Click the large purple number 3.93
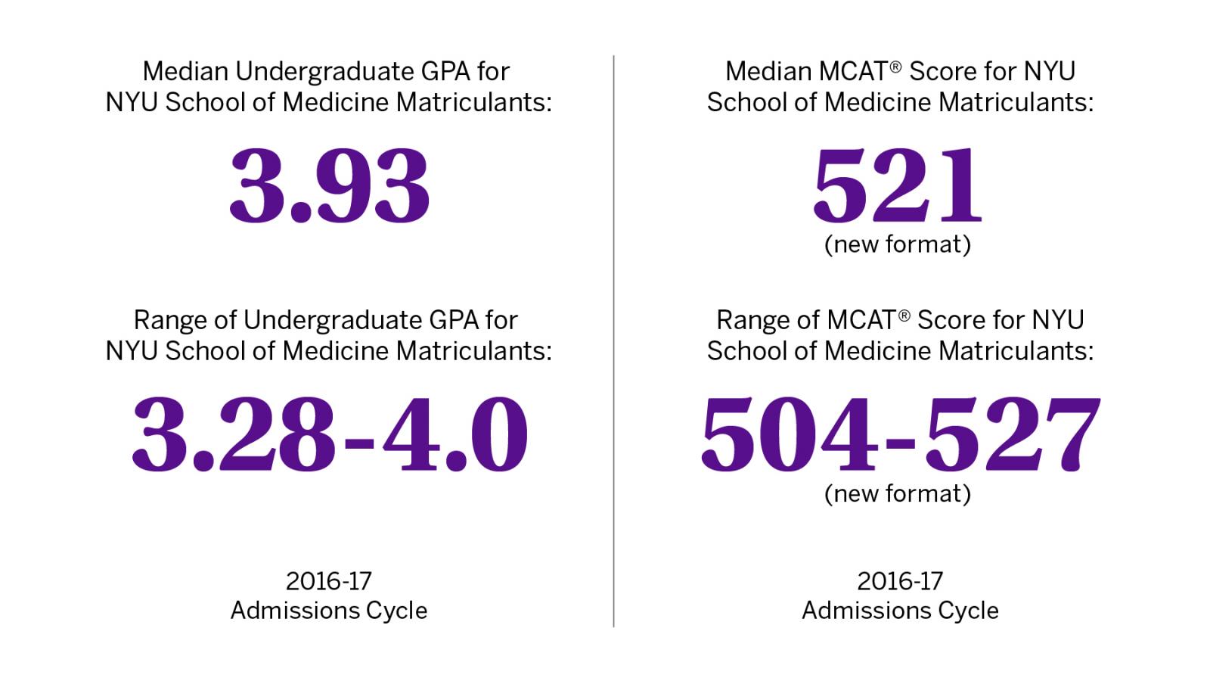pos(329,188)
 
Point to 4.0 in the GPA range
pos(454,435)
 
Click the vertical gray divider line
pos(613,340)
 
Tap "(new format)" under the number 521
pos(898,244)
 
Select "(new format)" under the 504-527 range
pos(898,493)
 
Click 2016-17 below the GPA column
pos(329,581)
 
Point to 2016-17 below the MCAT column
pos(900,581)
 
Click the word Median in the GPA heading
pos(185,72)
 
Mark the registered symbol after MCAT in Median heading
pos(895,67)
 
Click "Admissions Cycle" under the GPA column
pos(329,611)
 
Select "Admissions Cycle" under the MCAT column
pos(900,611)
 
